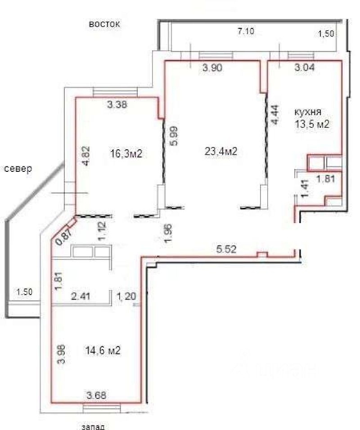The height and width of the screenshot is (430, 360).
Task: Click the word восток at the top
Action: (x=104, y=24)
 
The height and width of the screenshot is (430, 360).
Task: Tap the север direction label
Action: (x=18, y=169)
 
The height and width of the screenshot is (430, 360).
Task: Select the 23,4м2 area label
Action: (x=220, y=152)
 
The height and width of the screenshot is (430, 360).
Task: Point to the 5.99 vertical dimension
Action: (x=175, y=135)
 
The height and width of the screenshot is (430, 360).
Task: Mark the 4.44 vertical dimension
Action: (x=275, y=115)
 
